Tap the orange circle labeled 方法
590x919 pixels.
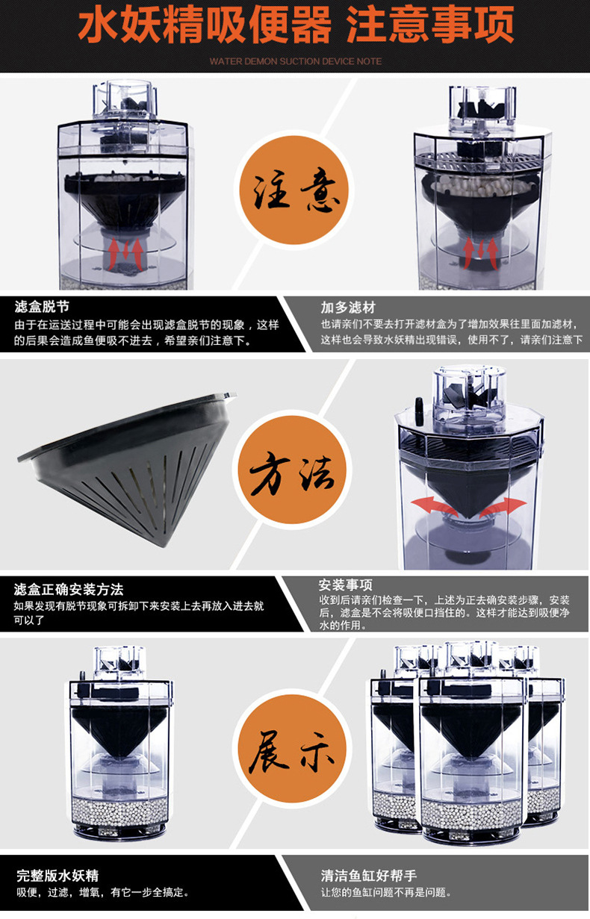[292, 470]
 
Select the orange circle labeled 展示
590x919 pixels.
[292, 748]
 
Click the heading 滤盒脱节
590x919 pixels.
[42, 307]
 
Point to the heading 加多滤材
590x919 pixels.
[348, 308]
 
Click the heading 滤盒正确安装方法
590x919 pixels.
[69, 590]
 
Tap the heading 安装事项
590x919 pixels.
[346, 585]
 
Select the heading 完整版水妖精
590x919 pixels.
[58, 876]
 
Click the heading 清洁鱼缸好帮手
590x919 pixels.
[368, 876]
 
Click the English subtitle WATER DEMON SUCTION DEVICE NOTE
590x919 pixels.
[296, 61]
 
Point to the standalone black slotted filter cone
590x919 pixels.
[127, 467]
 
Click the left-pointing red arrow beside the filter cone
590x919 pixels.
[434, 506]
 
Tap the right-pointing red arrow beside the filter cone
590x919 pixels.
[503, 507]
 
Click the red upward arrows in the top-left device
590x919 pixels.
[125, 254]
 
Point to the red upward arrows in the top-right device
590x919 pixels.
[481, 252]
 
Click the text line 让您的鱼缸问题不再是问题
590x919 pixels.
[385, 892]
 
